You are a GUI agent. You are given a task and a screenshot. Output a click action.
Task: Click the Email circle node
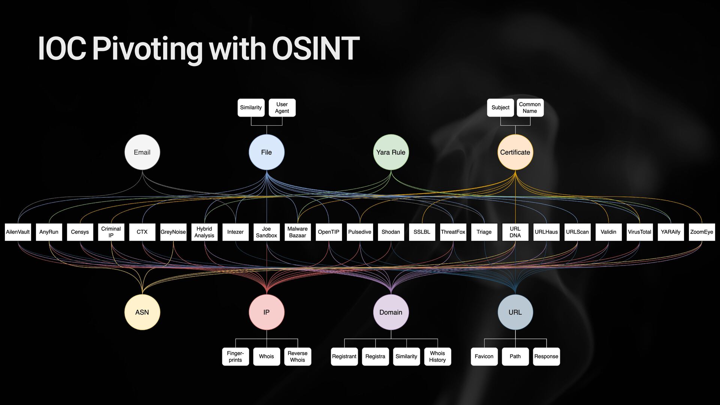pos(142,152)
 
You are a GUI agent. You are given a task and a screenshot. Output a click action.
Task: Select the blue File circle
pos(267,152)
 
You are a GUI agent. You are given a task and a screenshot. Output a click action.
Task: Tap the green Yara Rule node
pos(391,152)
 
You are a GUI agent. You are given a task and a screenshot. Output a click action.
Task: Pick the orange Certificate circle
pos(515,152)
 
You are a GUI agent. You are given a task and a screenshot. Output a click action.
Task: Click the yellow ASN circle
pos(142,312)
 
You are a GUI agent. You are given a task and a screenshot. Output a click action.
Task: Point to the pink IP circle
pos(267,312)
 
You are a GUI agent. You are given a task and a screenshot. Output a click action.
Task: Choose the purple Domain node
pos(391,312)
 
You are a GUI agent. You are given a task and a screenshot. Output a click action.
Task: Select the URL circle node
pos(515,312)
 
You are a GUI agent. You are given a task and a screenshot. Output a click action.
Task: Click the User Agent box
pos(282,108)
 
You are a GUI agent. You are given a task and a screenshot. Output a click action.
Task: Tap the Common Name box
pos(530,108)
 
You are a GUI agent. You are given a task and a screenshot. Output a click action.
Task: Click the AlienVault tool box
pos(18,232)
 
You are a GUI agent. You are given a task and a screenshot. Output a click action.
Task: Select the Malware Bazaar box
pos(297,232)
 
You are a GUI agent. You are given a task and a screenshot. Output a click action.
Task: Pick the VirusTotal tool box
pos(639,232)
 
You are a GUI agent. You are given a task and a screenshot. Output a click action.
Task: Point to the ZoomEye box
pos(702,232)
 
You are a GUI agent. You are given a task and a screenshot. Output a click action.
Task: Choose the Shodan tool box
pos(391,232)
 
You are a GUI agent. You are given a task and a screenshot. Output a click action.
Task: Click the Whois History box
pos(437,356)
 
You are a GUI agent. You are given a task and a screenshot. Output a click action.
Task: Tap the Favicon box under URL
pos(484,356)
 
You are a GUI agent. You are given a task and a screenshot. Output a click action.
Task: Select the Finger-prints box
pos(235,356)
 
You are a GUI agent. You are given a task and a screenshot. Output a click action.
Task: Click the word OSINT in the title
pos(316,49)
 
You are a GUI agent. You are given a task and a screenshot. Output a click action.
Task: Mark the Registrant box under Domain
pos(344,356)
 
